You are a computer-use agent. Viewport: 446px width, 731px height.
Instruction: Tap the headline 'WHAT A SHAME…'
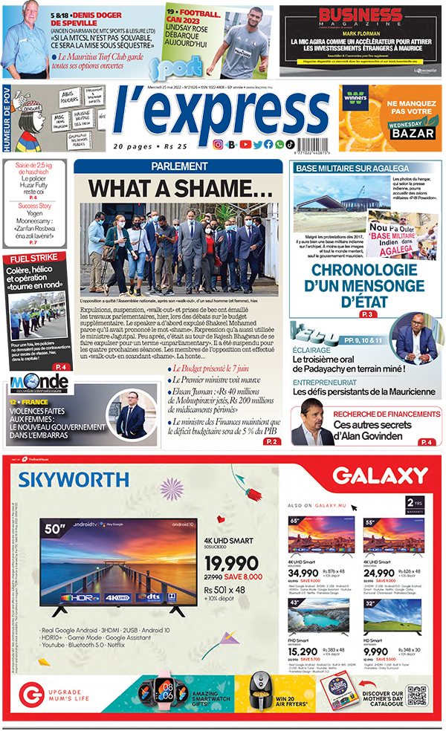(x=181, y=188)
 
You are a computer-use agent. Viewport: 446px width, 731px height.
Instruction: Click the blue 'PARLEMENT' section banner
(x=181, y=167)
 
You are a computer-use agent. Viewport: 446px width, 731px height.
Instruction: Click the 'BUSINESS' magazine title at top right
(x=360, y=17)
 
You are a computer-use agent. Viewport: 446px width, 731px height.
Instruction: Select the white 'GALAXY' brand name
(x=369, y=476)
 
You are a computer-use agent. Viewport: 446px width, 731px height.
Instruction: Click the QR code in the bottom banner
(x=417, y=697)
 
